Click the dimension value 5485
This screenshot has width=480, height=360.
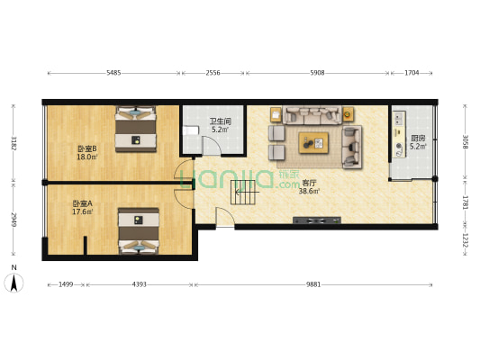113,73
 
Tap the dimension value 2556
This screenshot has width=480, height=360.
213,73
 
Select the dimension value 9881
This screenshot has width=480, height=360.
313,284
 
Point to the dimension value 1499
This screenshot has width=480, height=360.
66,284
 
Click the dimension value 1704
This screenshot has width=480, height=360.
412,73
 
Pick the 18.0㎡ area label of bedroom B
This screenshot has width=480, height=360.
87,157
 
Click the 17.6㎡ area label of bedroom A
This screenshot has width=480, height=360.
83,211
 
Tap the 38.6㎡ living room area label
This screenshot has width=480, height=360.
309,192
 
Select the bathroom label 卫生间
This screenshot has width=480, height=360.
220,121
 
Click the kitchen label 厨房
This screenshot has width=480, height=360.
418,139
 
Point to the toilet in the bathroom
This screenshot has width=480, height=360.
190,130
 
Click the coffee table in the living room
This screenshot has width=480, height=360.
313,143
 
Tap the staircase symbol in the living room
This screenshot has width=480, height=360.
243,193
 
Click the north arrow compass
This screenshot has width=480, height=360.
14,283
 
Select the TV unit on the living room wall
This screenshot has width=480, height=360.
317,220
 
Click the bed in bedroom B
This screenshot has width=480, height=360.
136,129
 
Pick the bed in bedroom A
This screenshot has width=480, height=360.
139,231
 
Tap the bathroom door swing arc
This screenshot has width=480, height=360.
213,144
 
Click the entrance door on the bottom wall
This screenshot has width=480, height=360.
226,217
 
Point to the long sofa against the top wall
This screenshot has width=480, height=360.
312,115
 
